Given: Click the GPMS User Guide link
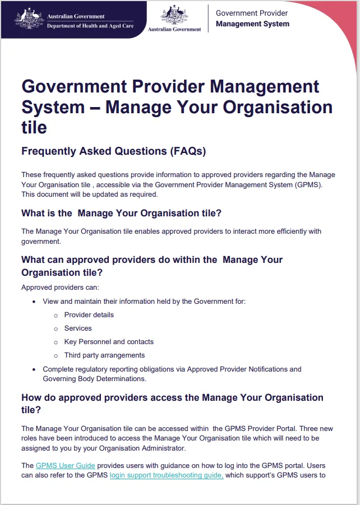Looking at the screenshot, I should (x=65, y=465).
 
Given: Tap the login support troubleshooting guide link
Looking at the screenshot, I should (x=167, y=475).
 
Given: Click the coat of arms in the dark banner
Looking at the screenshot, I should (x=29, y=18).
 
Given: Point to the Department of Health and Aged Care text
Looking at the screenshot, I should (x=90, y=26).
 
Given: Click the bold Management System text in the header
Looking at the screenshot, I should (x=252, y=24).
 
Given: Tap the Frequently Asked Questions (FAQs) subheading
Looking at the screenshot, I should (x=113, y=151).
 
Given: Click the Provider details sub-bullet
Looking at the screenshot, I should (x=89, y=315).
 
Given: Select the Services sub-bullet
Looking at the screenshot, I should (x=78, y=328).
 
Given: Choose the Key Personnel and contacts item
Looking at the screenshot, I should (x=109, y=342).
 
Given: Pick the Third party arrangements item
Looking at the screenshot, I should (x=104, y=355).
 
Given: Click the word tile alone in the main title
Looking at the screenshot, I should (x=34, y=127).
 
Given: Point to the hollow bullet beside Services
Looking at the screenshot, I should (x=56, y=328).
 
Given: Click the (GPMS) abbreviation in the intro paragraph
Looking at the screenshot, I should (x=323, y=184).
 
